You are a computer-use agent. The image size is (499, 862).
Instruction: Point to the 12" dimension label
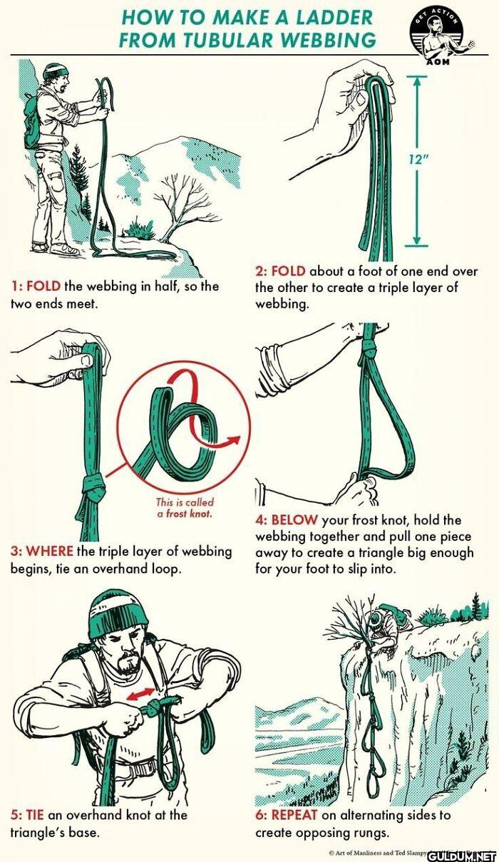[416, 160]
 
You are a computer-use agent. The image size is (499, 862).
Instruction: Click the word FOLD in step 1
[43, 286]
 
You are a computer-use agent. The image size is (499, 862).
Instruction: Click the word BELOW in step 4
[294, 520]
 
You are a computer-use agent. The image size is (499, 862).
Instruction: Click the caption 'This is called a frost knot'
[185, 507]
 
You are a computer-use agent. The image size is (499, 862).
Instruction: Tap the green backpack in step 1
[32, 122]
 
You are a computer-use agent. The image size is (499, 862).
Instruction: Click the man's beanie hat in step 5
[118, 616]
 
